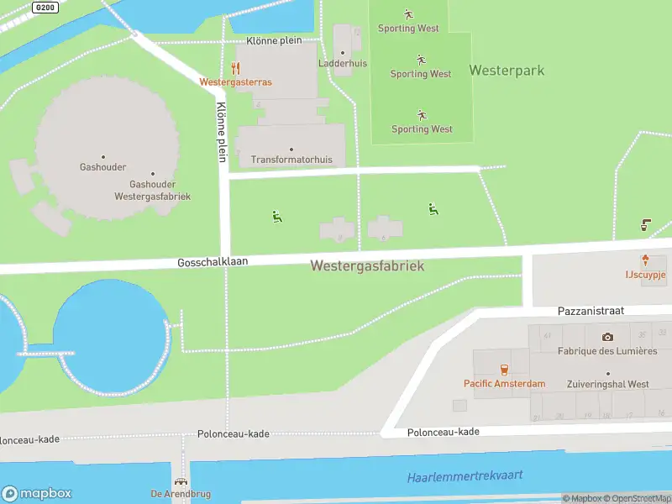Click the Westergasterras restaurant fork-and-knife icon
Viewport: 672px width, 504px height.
coord(236,68)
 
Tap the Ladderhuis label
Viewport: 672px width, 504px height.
coord(342,64)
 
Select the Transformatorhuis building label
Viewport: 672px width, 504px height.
coord(291,160)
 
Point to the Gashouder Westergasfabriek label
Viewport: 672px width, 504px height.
coord(152,190)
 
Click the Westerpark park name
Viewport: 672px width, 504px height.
coord(506,71)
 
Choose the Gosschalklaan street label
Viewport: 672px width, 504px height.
coord(213,262)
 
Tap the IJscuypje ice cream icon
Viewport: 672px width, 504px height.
coord(645,260)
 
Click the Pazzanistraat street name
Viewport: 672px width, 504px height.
coord(591,311)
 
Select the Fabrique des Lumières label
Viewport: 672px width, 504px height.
coord(607,351)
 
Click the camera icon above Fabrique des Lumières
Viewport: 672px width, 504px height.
coord(607,337)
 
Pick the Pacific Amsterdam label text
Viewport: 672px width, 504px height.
coord(504,384)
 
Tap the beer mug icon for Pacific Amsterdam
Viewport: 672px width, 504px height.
coord(504,370)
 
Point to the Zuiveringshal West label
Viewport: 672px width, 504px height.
coord(608,385)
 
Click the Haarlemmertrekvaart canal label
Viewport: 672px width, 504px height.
coord(465,476)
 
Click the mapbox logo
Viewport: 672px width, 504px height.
coord(37,494)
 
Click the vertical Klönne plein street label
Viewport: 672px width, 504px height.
coord(222,132)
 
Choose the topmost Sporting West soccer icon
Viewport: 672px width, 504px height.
coord(408,14)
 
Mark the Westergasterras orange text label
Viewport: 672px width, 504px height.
coord(235,82)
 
